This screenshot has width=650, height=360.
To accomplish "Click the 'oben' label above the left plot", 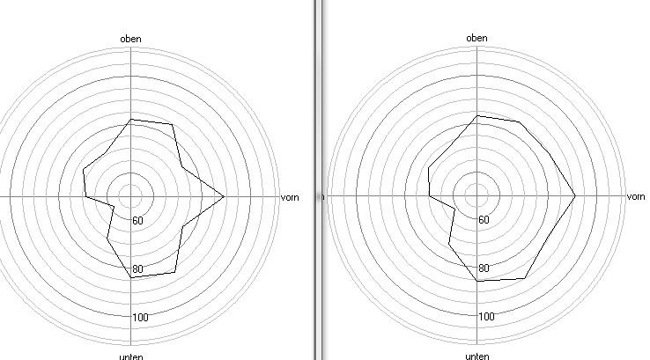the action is pos(130,39).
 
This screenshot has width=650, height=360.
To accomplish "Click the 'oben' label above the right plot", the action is pos(476,38).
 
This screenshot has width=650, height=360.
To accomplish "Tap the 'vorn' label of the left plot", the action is pos(290,198).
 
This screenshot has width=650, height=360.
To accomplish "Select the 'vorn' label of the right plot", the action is pos(636,196).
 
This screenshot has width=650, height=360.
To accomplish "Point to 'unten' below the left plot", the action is pos(131,356).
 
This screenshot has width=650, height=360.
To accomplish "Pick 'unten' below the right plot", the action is pos(477,356).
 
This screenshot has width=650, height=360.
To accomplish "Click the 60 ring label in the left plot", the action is pos(137,221).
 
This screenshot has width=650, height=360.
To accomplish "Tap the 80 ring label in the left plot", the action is pos(137,269).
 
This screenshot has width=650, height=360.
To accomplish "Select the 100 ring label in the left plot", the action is pos(140,318).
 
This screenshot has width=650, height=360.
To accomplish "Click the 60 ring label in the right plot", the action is pos(484,220).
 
